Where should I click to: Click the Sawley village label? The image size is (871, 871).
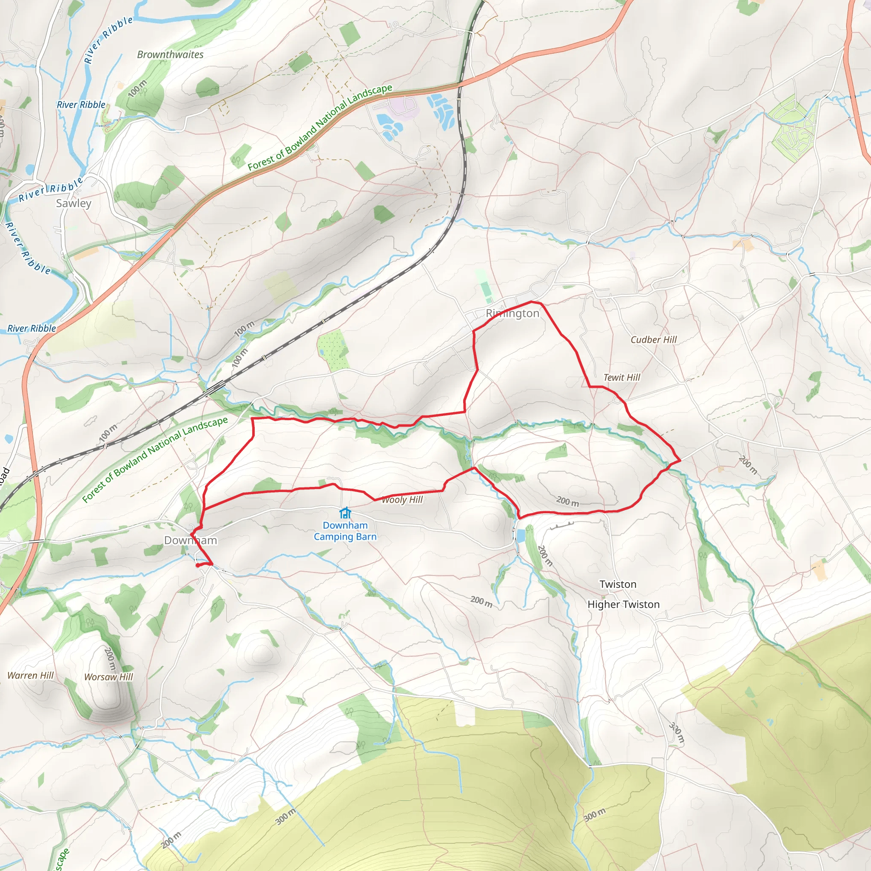pyautogui.click(x=74, y=203)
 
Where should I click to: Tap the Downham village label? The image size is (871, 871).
pyautogui.click(x=190, y=540)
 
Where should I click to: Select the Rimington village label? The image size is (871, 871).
pyautogui.click(x=512, y=313)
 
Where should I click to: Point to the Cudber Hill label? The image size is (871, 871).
pyautogui.click(x=653, y=340)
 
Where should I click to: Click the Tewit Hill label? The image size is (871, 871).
pyautogui.click(x=622, y=378)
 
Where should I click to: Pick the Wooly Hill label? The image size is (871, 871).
pyautogui.click(x=402, y=500)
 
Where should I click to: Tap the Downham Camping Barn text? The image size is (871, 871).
pyautogui.click(x=345, y=531)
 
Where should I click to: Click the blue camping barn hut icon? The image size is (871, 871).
pyautogui.click(x=345, y=513)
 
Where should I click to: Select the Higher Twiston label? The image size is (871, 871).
pyautogui.click(x=623, y=605)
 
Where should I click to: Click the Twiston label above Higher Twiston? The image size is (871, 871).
pyautogui.click(x=618, y=584)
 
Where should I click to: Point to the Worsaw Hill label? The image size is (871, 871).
pyautogui.click(x=108, y=677)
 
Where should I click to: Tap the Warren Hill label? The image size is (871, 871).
pyautogui.click(x=31, y=675)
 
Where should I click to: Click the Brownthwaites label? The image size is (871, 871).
pyautogui.click(x=170, y=54)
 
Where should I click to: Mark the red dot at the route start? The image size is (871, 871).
pyautogui.click(x=198, y=565)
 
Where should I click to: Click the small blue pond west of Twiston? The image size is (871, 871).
pyautogui.click(x=521, y=535)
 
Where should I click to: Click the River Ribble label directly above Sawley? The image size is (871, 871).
pyautogui.click(x=51, y=190)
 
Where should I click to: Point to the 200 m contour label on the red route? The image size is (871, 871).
pyautogui.click(x=567, y=501)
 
